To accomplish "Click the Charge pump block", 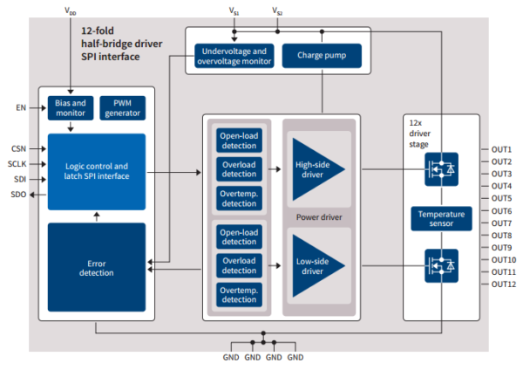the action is point(322,56).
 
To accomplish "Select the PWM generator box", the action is point(122,108).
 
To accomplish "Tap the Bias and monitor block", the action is point(71,108).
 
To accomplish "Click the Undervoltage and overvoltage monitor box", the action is point(234,56).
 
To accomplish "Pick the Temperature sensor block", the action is point(441,219).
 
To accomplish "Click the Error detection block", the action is point(97,267).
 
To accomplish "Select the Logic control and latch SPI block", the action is point(97,172).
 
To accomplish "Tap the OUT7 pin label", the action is point(501,223).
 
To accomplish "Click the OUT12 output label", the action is point(504,284).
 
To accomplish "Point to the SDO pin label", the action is point(18,195).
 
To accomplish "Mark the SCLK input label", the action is point(17,164).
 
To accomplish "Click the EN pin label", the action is point(21,107).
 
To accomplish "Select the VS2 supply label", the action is point(277,11).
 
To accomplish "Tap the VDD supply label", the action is point(71,11).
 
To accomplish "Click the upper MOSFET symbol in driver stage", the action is point(441,169).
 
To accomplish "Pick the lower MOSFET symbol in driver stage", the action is point(441,266).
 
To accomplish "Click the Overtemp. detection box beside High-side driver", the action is point(239,198).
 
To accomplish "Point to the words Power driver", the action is point(319,217).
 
